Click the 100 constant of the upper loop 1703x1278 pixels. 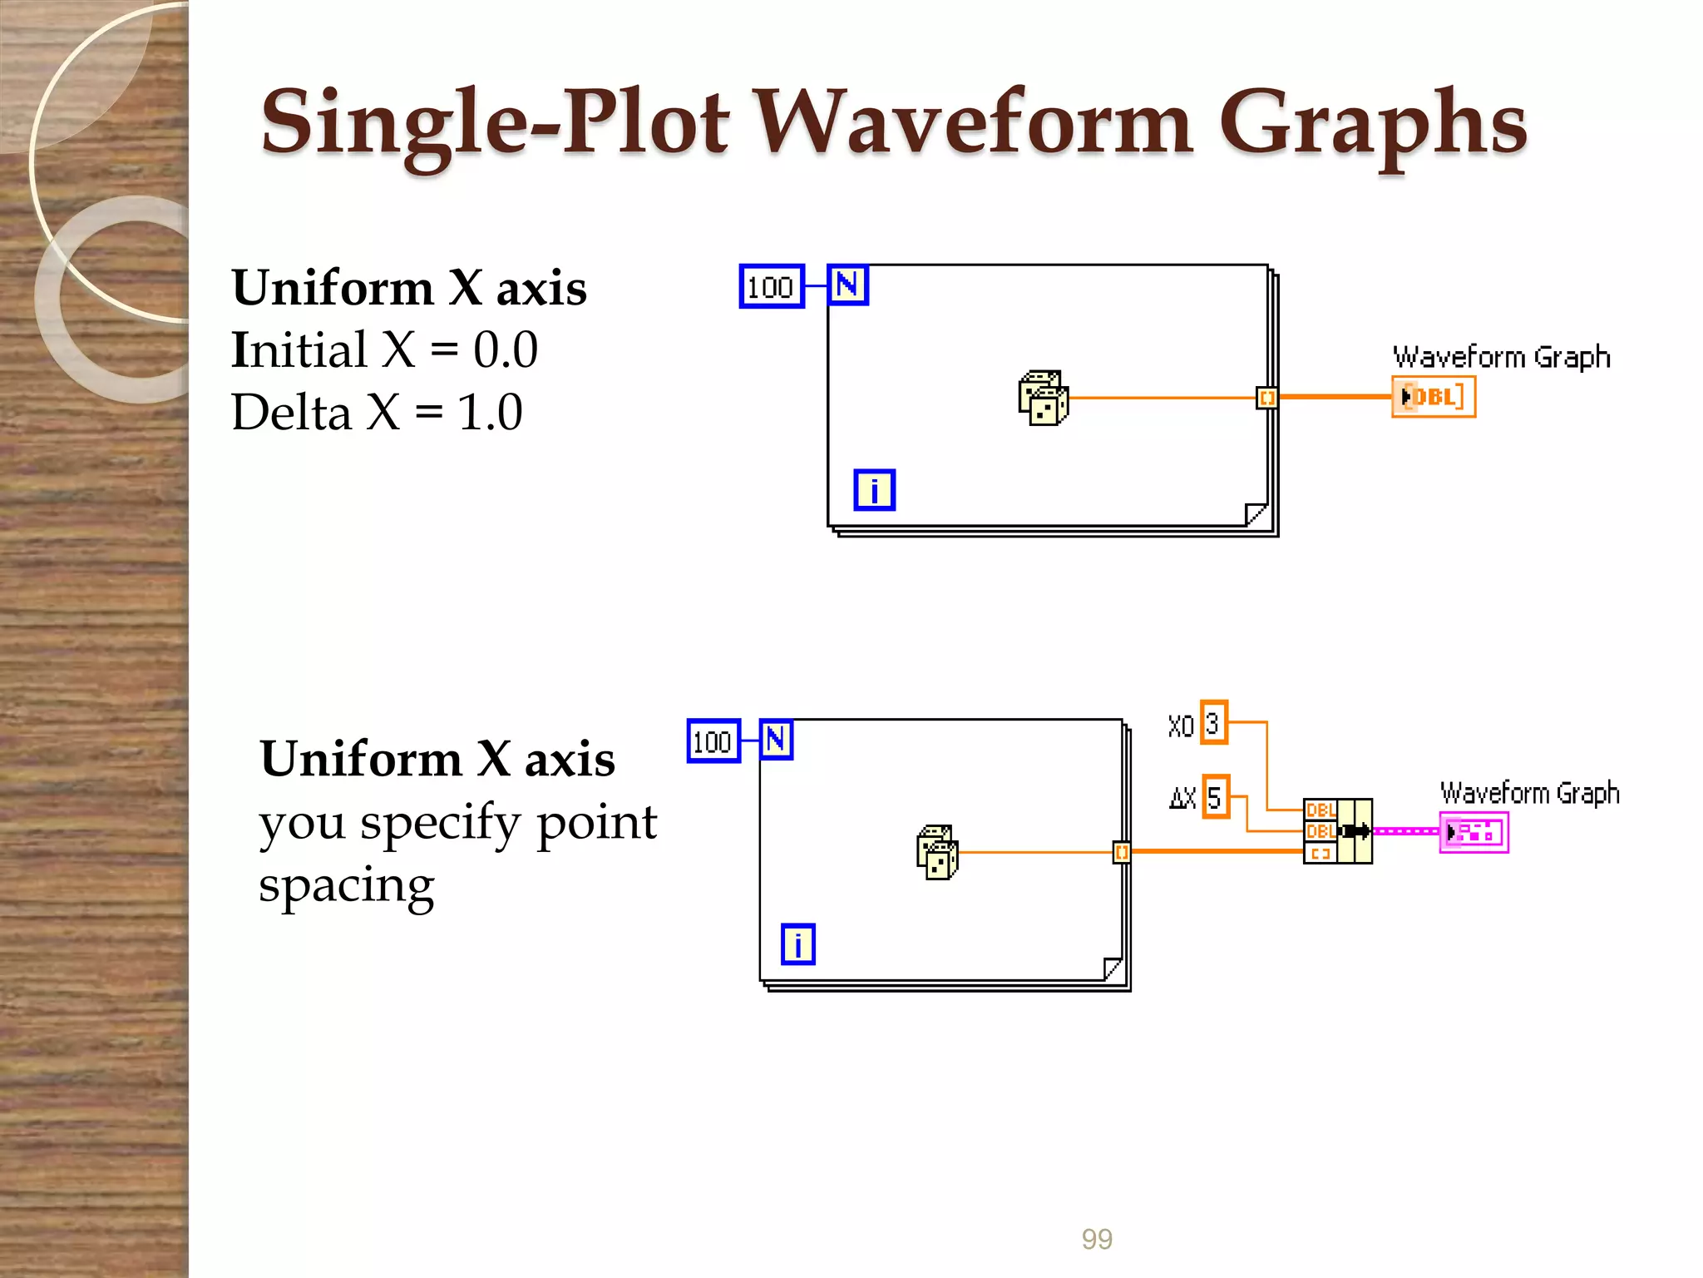[771, 287]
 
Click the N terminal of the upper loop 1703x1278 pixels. [847, 285]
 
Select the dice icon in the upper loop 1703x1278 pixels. [1043, 398]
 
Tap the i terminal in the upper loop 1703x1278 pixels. [874, 490]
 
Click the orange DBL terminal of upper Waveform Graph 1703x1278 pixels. [1433, 397]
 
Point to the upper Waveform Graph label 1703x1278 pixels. [1501, 357]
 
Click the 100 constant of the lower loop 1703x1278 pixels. [713, 741]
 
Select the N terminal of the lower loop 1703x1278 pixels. [776, 740]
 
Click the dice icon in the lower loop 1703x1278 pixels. [937, 852]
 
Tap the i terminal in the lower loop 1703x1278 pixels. [797, 944]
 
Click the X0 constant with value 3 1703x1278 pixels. [1214, 723]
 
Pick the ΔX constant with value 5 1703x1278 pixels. [1215, 796]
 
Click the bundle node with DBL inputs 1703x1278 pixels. [1337, 831]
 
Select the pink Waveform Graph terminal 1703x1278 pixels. [1473, 832]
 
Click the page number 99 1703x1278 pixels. [1096, 1239]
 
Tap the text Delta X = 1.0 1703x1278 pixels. [377, 412]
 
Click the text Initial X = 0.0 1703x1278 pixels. [384, 349]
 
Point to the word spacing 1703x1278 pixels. [346, 885]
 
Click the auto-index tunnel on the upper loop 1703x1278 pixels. [1266, 398]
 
